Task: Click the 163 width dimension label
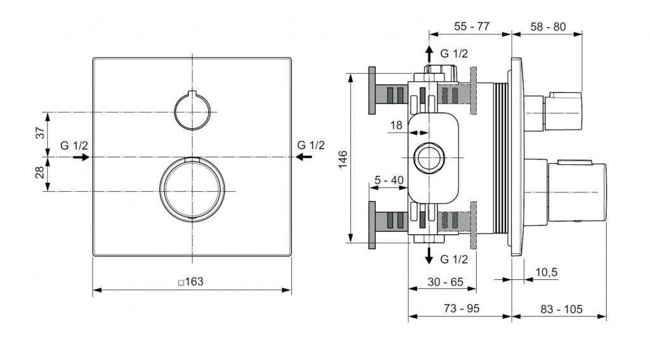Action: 191,282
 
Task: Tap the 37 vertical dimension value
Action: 40,133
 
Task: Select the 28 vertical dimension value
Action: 40,172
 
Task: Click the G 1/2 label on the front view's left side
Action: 74,145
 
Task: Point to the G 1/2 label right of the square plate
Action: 311,145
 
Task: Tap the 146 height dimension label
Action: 343,159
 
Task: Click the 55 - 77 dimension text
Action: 472,26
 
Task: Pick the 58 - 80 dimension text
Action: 548,27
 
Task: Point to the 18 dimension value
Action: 396,125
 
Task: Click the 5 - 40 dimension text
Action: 389,180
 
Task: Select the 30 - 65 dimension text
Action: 446,282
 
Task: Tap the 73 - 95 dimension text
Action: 461,309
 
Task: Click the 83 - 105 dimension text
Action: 561,309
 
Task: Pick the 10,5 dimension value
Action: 547,272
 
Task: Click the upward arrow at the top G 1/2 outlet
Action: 429,54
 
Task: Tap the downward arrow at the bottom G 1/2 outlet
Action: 429,255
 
